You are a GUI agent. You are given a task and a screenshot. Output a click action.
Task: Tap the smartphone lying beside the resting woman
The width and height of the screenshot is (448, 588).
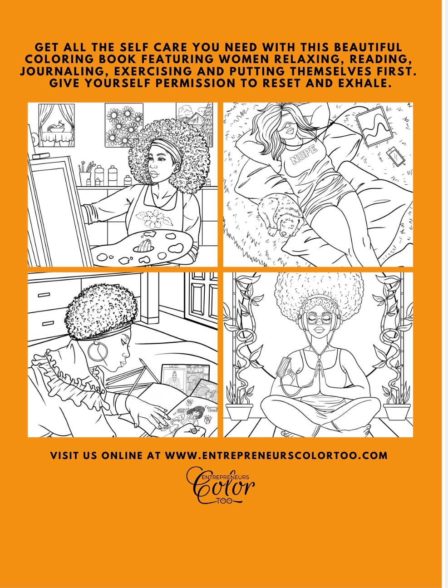point(394,157)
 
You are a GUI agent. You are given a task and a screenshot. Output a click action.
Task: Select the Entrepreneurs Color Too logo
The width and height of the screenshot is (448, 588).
point(221,485)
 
